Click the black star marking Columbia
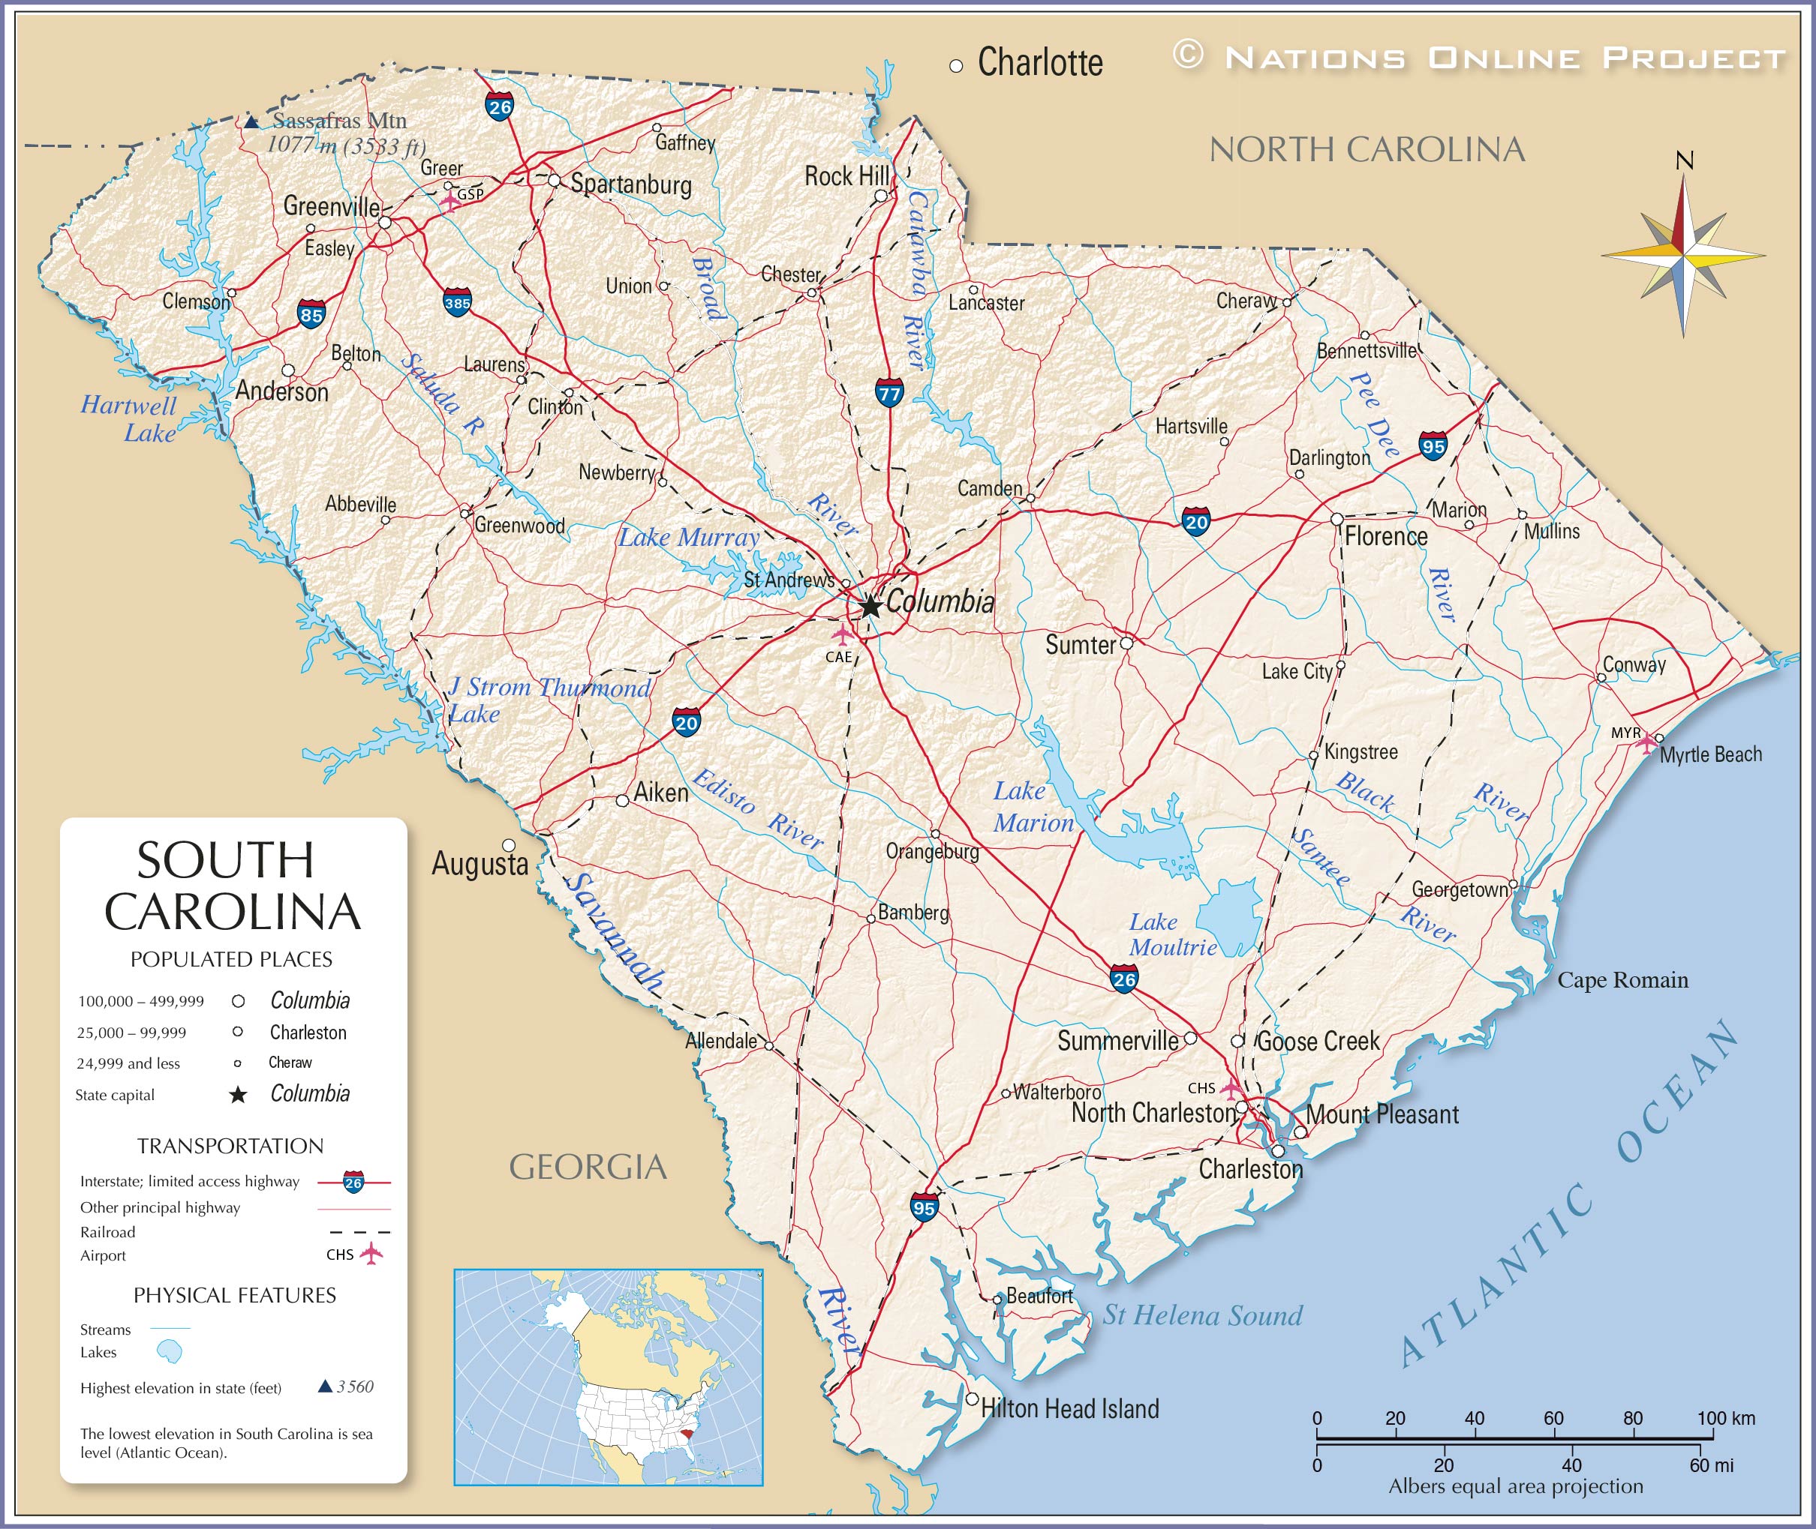(x=870, y=605)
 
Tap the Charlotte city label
(x=1040, y=62)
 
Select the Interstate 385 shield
(x=457, y=302)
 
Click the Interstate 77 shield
(x=889, y=394)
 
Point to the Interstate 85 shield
(x=311, y=315)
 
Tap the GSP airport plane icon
(x=450, y=201)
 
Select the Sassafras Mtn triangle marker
(x=251, y=122)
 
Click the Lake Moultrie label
(x=1171, y=934)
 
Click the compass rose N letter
(x=1684, y=161)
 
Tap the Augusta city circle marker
(x=509, y=845)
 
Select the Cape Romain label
(x=1622, y=980)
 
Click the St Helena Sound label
(x=1202, y=1315)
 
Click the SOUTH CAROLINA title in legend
(x=232, y=886)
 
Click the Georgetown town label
(x=1460, y=889)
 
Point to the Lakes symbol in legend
(x=169, y=1351)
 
